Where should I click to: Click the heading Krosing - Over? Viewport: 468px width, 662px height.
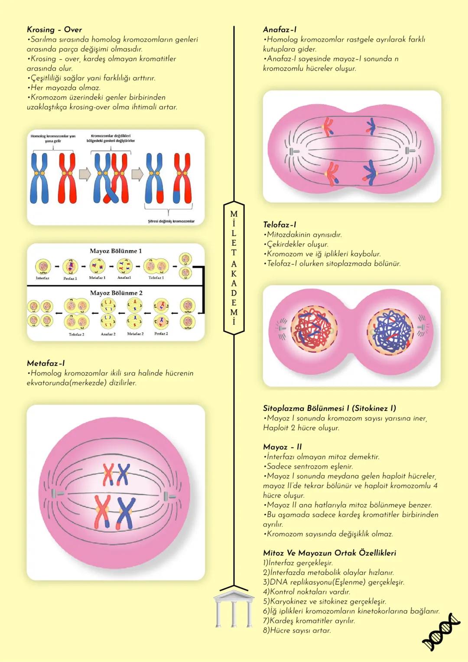[x=54, y=29]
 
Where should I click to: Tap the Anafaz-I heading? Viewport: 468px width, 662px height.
[x=279, y=29]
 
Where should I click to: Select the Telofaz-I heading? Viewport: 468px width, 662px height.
[x=279, y=225]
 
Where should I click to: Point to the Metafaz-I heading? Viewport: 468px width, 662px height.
[x=45, y=363]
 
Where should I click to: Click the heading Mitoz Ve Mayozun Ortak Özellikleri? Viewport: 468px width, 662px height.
[x=329, y=553]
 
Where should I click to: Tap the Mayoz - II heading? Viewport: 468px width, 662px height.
[x=282, y=447]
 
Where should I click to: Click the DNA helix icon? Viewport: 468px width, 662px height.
[x=441, y=632]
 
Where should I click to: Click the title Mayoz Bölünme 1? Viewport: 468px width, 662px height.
[x=116, y=251]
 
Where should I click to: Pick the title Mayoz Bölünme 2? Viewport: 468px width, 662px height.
[x=116, y=293]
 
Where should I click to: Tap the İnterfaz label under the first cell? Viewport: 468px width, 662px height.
[x=42, y=278]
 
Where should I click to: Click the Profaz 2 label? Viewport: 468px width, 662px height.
[x=161, y=334]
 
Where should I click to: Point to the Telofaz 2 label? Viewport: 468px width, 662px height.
[x=76, y=334]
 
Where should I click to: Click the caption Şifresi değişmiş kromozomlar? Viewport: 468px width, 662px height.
[x=171, y=221]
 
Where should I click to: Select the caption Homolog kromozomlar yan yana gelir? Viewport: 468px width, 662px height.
[x=53, y=138]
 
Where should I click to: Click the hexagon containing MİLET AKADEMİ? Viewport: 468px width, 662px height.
[x=234, y=267]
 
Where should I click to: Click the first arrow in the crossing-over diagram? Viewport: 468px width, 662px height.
[x=85, y=174]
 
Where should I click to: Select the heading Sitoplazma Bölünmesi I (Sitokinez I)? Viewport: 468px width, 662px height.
[x=329, y=408]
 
